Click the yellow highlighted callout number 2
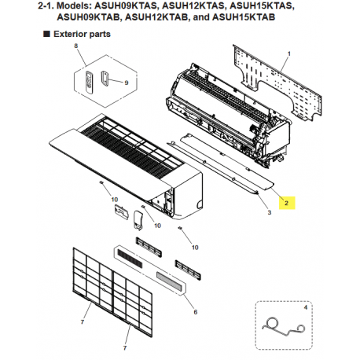[288, 202]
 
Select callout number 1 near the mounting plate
[289, 53]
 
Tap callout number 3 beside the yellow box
[269, 213]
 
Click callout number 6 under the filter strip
[195, 312]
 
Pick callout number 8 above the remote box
[77, 48]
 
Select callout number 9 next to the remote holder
[126, 81]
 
